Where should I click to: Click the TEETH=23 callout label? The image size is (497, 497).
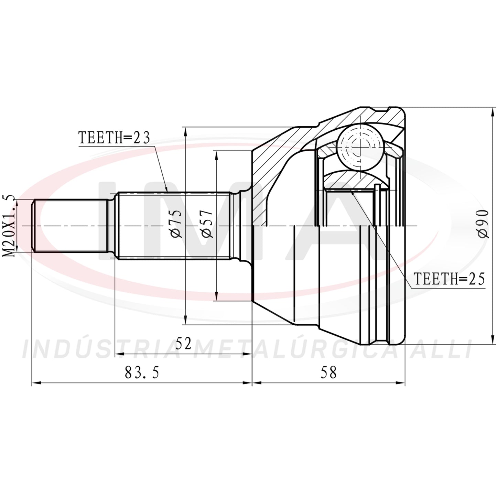(x=114, y=138)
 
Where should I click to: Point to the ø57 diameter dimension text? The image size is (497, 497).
(x=207, y=223)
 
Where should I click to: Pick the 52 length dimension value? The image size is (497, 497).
(x=184, y=343)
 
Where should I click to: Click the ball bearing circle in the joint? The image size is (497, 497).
(x=360, y=147)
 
